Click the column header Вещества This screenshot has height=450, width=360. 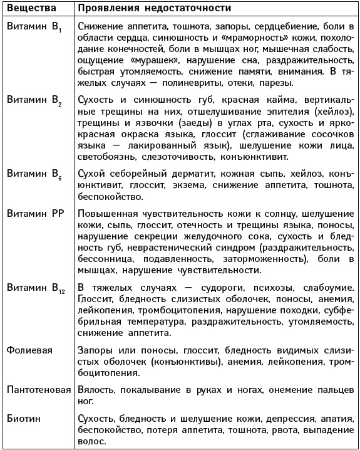[x=31, y=9]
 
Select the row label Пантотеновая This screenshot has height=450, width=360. [x=38, y=390]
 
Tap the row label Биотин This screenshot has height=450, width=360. [x=22, y=418]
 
